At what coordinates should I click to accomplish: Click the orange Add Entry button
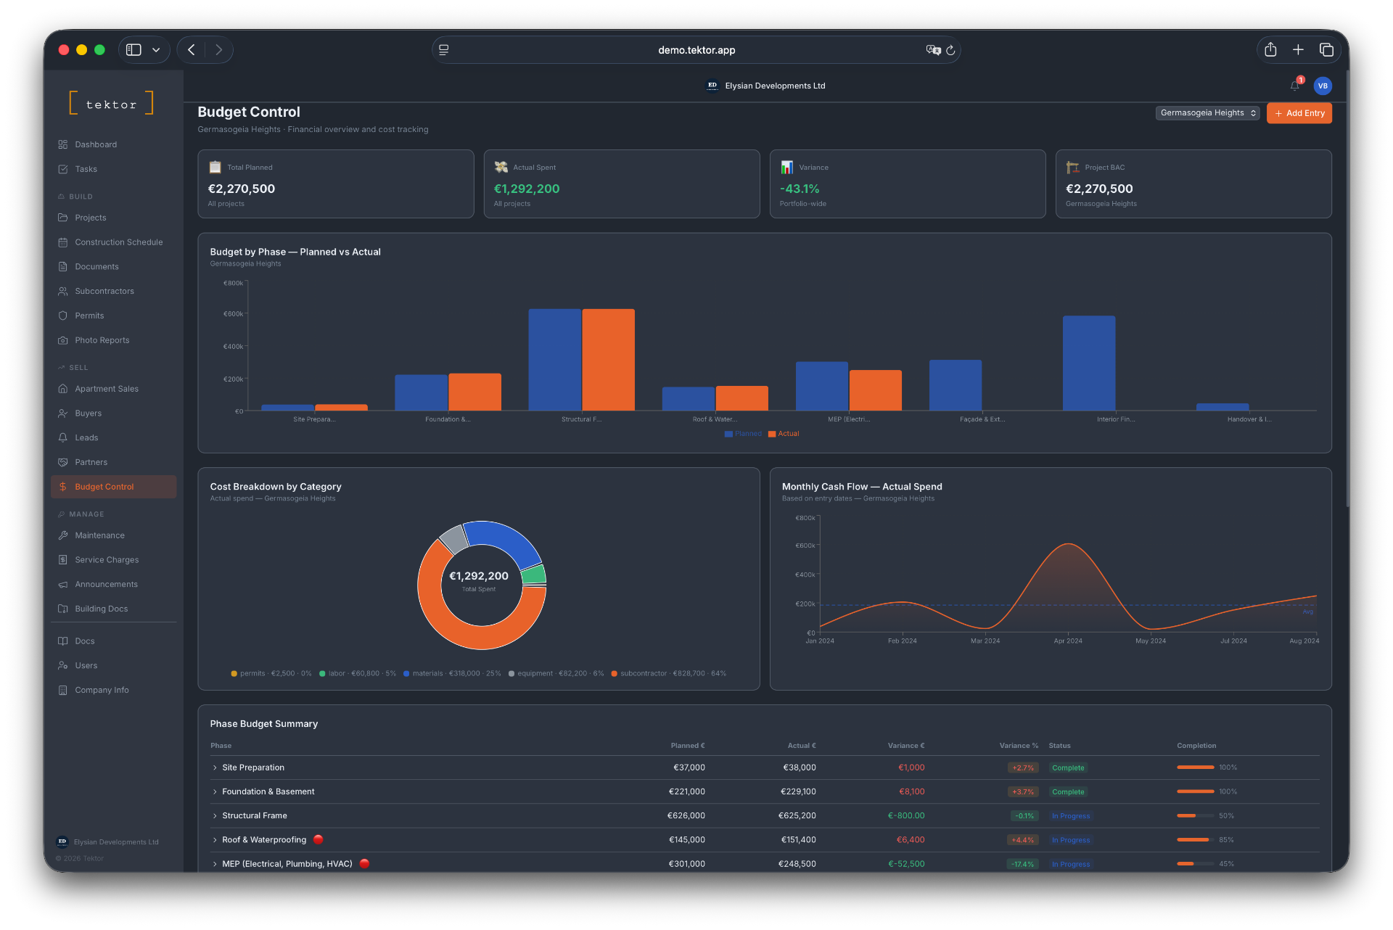pos(1299,113)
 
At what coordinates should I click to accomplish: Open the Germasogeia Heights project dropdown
pos(1207,113)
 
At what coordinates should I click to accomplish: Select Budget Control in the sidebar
pos(104,487)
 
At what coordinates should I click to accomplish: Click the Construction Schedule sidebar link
pos(118,242)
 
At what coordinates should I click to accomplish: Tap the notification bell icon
pos(1294,86)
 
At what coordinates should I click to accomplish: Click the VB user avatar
pos(1323,86)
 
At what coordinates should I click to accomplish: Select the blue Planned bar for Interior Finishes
pos(1088,363)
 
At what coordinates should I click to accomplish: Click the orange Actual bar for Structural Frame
pos(608,360)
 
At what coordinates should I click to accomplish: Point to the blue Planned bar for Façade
pos(955,385)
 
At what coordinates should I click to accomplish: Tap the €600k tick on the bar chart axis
pos(234,314)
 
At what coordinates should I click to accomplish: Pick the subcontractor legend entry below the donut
pos(668,674)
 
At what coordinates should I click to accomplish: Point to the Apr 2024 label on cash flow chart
pos(1067,641)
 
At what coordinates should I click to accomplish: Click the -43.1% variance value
pos(799,189)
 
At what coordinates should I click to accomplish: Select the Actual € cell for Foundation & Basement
pos(797,791)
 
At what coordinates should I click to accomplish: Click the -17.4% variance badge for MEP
pos(1023,864)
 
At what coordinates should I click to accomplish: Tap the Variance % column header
pos(1018,746)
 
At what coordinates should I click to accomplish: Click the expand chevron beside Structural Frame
pos(215,816)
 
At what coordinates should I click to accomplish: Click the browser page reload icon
pos(950,50)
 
